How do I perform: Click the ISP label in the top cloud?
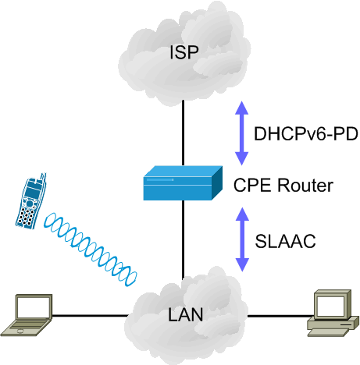pyautogui.click(x=184, y=52)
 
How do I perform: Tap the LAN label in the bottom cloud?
pyautogui.click(x=185, y=315)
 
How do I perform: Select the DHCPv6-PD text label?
pyautogui.click(x=306, y=134)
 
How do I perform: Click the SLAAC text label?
pyautogui.click(x=285, y=241)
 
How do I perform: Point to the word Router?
pyautogui.click(x=305, y=185)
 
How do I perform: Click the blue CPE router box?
pyautogui.click(x=183, y=183)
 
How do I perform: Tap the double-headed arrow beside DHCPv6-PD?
pyautogui.click(x=242, y=133)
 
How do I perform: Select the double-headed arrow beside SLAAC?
pyautogui.click(x=242, y=239)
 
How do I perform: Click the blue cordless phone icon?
pyautogui.click(x=31, y=202)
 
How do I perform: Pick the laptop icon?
pyautogui.click(x=27, y=315)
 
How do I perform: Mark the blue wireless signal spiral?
pyautogui.click(x=90, y=250)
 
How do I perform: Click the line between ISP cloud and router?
pyautogui.click(x=184, y=133)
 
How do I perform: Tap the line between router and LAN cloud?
pyautogui.click(x=184, y=239)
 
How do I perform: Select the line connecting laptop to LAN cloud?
pyautogui.click(x=90, y=316)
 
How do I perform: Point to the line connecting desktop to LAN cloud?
pyautogui.click(x=280, y=316)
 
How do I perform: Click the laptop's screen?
pyautogui.click(x=34, y=307)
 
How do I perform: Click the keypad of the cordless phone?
pyautogui.click(x=27, y=216)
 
